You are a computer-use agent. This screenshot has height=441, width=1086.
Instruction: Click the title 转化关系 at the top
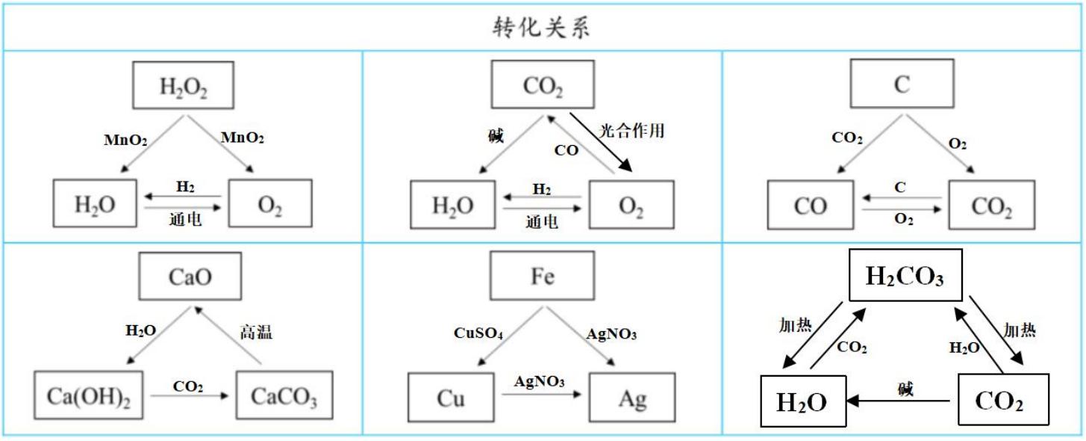542,27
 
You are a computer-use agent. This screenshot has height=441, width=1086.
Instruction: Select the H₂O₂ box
183,86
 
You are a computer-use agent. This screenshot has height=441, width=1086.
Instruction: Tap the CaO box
190,276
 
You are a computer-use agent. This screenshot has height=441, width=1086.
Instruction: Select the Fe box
542,276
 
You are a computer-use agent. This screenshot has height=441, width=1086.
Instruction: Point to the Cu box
451,398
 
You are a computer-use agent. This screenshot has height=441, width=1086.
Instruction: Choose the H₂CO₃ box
905,277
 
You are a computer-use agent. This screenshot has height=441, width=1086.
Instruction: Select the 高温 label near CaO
255,332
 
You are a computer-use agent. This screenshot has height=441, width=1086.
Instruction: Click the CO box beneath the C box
811,205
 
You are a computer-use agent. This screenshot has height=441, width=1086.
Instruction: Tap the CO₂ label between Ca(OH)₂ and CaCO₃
187,386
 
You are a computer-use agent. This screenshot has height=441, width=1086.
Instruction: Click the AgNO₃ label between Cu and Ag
539,381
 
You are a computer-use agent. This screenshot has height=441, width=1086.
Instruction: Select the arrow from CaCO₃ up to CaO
228,336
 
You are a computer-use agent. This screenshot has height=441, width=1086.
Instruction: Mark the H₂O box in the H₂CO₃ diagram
802,402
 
